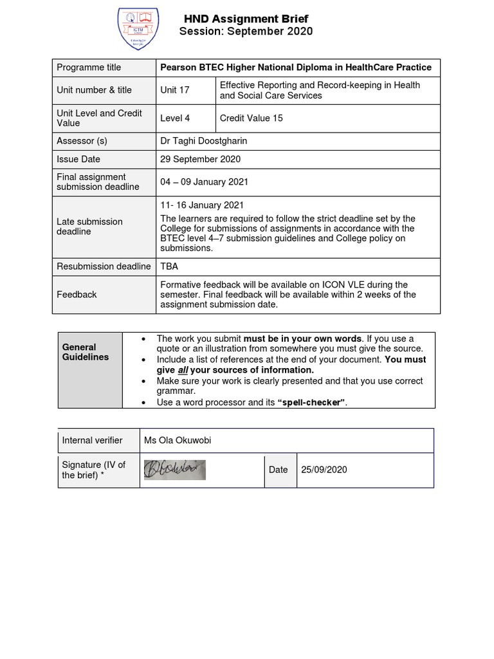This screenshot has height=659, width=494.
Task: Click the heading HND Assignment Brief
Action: pyautogui.click(x=246, y=18)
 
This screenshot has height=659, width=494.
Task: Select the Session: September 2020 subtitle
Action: pyautogui.click(x=246, y=32)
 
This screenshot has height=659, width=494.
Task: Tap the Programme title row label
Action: pyautogui.click(x=89, y=68)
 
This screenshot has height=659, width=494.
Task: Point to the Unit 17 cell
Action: pyautogui.click(x=175, y=90)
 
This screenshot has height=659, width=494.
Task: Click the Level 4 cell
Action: pyautogui.click(x=176, y=118)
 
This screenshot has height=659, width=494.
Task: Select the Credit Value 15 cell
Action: pyautogui.click(x=251, y=118)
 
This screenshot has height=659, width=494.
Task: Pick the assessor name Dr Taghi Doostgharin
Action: pyautogui.click(x=203, y=142)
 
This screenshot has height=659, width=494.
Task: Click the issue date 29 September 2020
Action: pyautogui.click(x=200, y=160)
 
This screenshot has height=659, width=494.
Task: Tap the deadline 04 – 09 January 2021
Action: pyautogui.click(x=204, y=182)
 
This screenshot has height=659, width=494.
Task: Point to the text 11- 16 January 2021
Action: pyautogui.click(x=202, y=206)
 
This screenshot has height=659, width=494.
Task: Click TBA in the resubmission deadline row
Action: pyautogui.click(x=169, y=266)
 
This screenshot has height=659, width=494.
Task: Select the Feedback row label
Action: pyautogui.click(x=77, y=295)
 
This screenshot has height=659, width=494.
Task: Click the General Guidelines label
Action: pyautogui.click(x=86, y=352)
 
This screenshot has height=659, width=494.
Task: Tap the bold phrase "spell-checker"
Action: pyautogui.click(x=311, y=402)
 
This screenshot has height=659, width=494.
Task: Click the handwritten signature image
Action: pyautogui.click(x=174, y=470)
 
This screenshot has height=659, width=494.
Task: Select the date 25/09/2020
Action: pyautogui.click(x=324, y=470)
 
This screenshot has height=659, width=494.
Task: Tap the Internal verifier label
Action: pyautogui.click(x=92, y=441)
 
